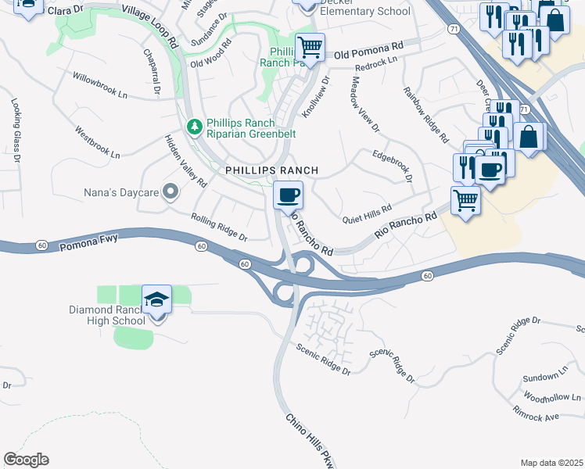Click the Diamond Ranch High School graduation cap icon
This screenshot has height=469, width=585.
(156, 299)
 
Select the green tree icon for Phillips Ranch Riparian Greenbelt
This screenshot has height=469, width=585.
(193, 126)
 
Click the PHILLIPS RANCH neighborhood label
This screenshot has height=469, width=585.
(271, 170)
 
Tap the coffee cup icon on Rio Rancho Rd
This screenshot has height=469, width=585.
(288, 194)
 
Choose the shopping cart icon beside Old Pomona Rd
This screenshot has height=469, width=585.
(310, 48)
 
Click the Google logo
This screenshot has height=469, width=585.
(26, 460)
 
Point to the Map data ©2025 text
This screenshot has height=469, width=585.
(551, 463)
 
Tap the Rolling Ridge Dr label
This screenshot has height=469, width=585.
(219, 227)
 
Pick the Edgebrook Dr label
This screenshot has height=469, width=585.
(393, 165)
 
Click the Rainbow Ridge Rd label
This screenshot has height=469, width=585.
(426, 115)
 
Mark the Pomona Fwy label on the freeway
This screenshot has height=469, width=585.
(88, 246)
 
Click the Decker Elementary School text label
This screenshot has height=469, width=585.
(365, 11)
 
